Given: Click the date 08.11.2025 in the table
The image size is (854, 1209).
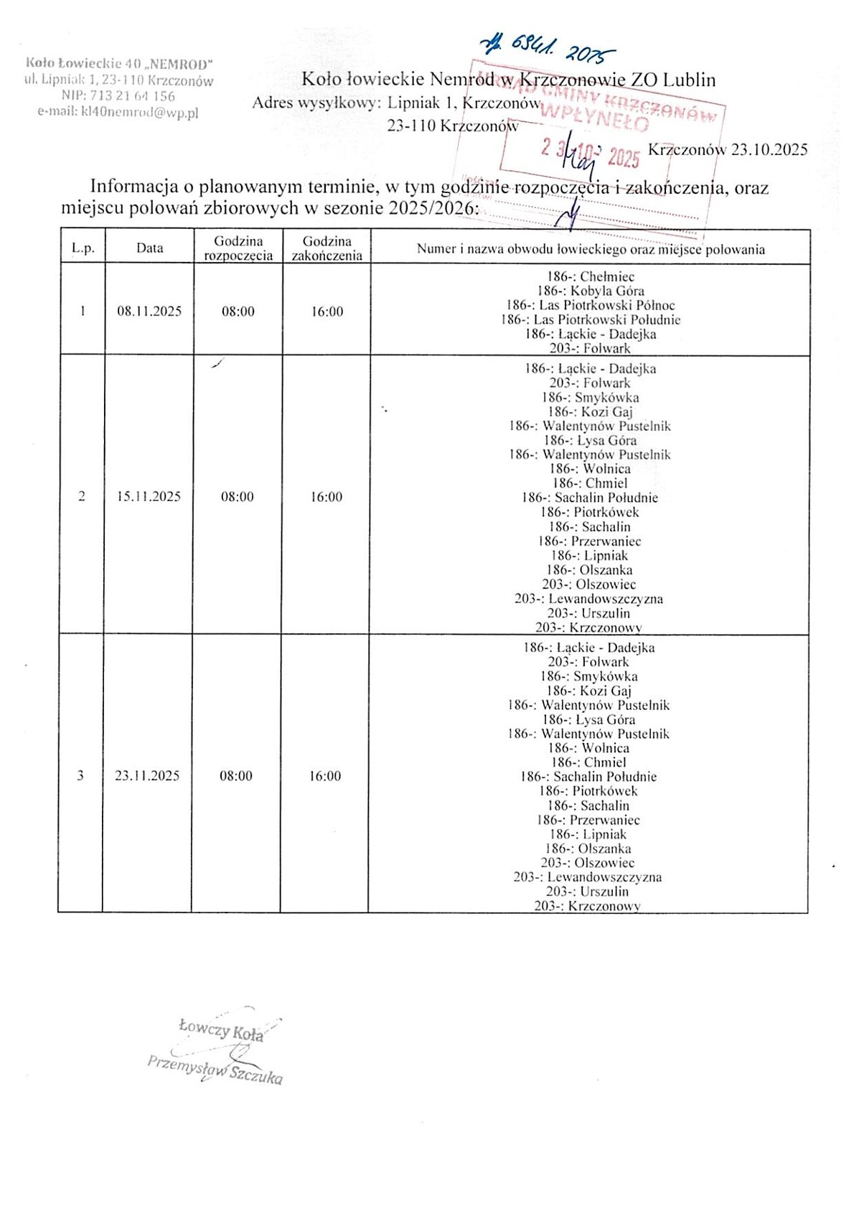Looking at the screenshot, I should coord(149,312).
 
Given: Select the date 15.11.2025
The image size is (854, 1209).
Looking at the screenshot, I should coord(149,497).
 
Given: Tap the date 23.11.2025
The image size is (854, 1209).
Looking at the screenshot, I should coord(147,776).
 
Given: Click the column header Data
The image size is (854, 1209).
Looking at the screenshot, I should coord(150,248).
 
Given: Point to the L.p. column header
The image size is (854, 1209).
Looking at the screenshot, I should coord(83,248).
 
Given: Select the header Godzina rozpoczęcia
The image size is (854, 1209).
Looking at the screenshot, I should coord(238,248).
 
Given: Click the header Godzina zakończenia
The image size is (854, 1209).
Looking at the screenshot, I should coord(327,248).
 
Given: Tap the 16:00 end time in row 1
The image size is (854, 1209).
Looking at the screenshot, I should coord(327,312).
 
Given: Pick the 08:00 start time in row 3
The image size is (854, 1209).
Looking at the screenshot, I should coord(236,776).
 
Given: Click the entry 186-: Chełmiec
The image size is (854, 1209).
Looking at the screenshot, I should coord(591,276).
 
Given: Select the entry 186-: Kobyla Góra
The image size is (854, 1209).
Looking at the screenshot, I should coord(591,291).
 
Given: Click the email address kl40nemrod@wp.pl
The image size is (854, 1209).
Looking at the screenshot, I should coord(118,112).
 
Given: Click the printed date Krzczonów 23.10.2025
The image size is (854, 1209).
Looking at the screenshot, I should coord(727,150).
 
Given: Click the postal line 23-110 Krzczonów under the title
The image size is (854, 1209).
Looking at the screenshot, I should coord(453,126).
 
